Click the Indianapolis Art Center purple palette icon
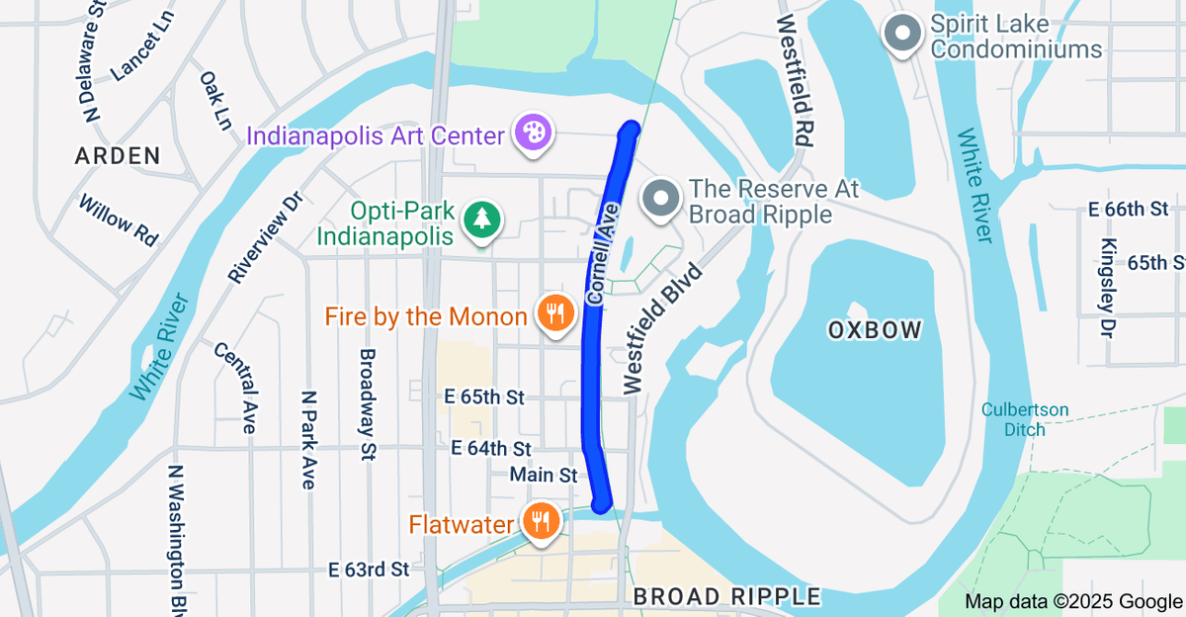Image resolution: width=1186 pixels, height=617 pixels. tap(533, 134)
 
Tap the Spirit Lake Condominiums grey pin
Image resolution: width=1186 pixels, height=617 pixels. tap(901, 35)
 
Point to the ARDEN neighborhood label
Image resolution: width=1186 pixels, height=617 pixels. tap(118, 155)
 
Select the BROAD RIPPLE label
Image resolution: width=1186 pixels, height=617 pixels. tap(726, 596)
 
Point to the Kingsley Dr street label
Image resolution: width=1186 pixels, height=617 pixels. tap(1109, 287)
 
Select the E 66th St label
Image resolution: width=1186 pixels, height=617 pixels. tap(1128, 210)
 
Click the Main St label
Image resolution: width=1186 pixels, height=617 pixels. tap(543, 476)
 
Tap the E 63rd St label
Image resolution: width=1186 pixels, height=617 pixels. tap(369, 570)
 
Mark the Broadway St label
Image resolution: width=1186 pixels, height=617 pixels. tap(368, 404)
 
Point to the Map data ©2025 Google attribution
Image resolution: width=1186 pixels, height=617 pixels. tap(1073, 601)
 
